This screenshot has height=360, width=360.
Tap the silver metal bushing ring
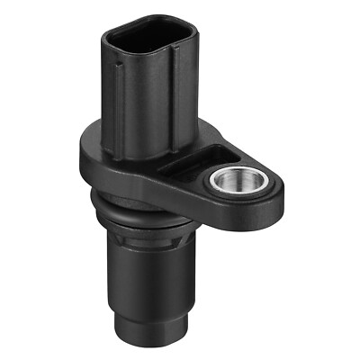click(x=226, y=173)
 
